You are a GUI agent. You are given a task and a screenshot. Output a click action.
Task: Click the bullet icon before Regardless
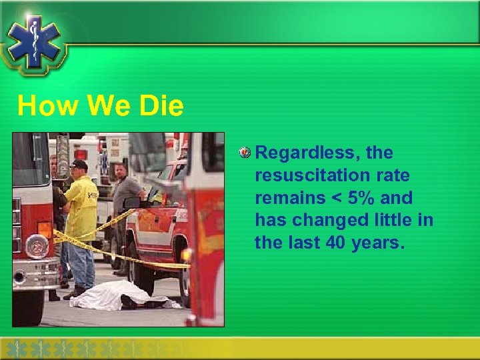click(x=245, y=153)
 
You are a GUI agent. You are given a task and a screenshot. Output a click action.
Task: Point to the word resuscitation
click(x=307, y=176)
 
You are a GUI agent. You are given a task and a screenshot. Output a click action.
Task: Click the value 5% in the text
click(x=361, y=198)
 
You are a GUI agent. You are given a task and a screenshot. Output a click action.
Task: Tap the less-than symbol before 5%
click(x=335, y=198)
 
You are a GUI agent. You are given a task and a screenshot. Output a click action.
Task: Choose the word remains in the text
click(x=287, y=198)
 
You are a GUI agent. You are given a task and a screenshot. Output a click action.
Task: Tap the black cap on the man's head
click(x=79, y=164)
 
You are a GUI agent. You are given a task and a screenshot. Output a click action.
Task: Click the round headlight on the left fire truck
click(x=36, y=246)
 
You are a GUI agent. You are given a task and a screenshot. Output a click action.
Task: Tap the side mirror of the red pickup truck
click(x=132, y=202)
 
